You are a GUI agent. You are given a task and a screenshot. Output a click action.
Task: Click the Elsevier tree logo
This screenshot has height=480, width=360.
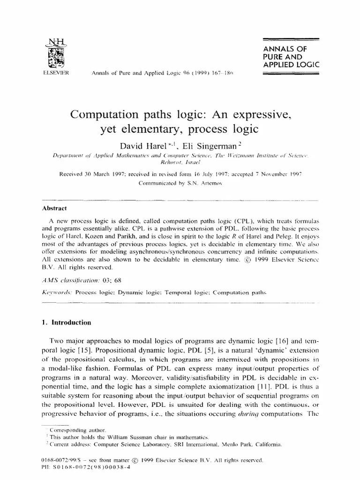pyautogui.click(x=55, y=56)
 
